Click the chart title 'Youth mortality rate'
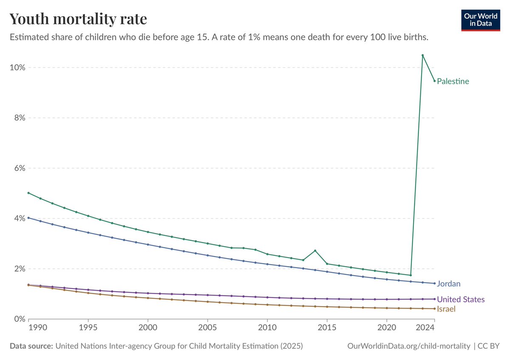pos(78,19)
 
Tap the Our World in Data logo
pos(481,20)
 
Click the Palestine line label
pos(453,81)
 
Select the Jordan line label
pos(448,284)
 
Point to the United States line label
pos(461,299)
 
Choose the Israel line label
pos(446,309)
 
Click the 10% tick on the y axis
pos(17,68)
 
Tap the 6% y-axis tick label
pos(20,168)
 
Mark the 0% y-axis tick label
pos(20,319)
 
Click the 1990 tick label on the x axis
pos(38,327)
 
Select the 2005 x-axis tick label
pos(207,327)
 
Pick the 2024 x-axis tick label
pos(425,327)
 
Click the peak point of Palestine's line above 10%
pos(422,55)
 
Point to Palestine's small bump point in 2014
pos(315,251)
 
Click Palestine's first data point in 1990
pos(28,193)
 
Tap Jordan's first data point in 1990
pos(28,218)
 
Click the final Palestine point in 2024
pos(434,81)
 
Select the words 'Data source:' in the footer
pos(31,346)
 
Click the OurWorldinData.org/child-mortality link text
pos(409,346)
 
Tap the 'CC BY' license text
pos(488,346)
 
